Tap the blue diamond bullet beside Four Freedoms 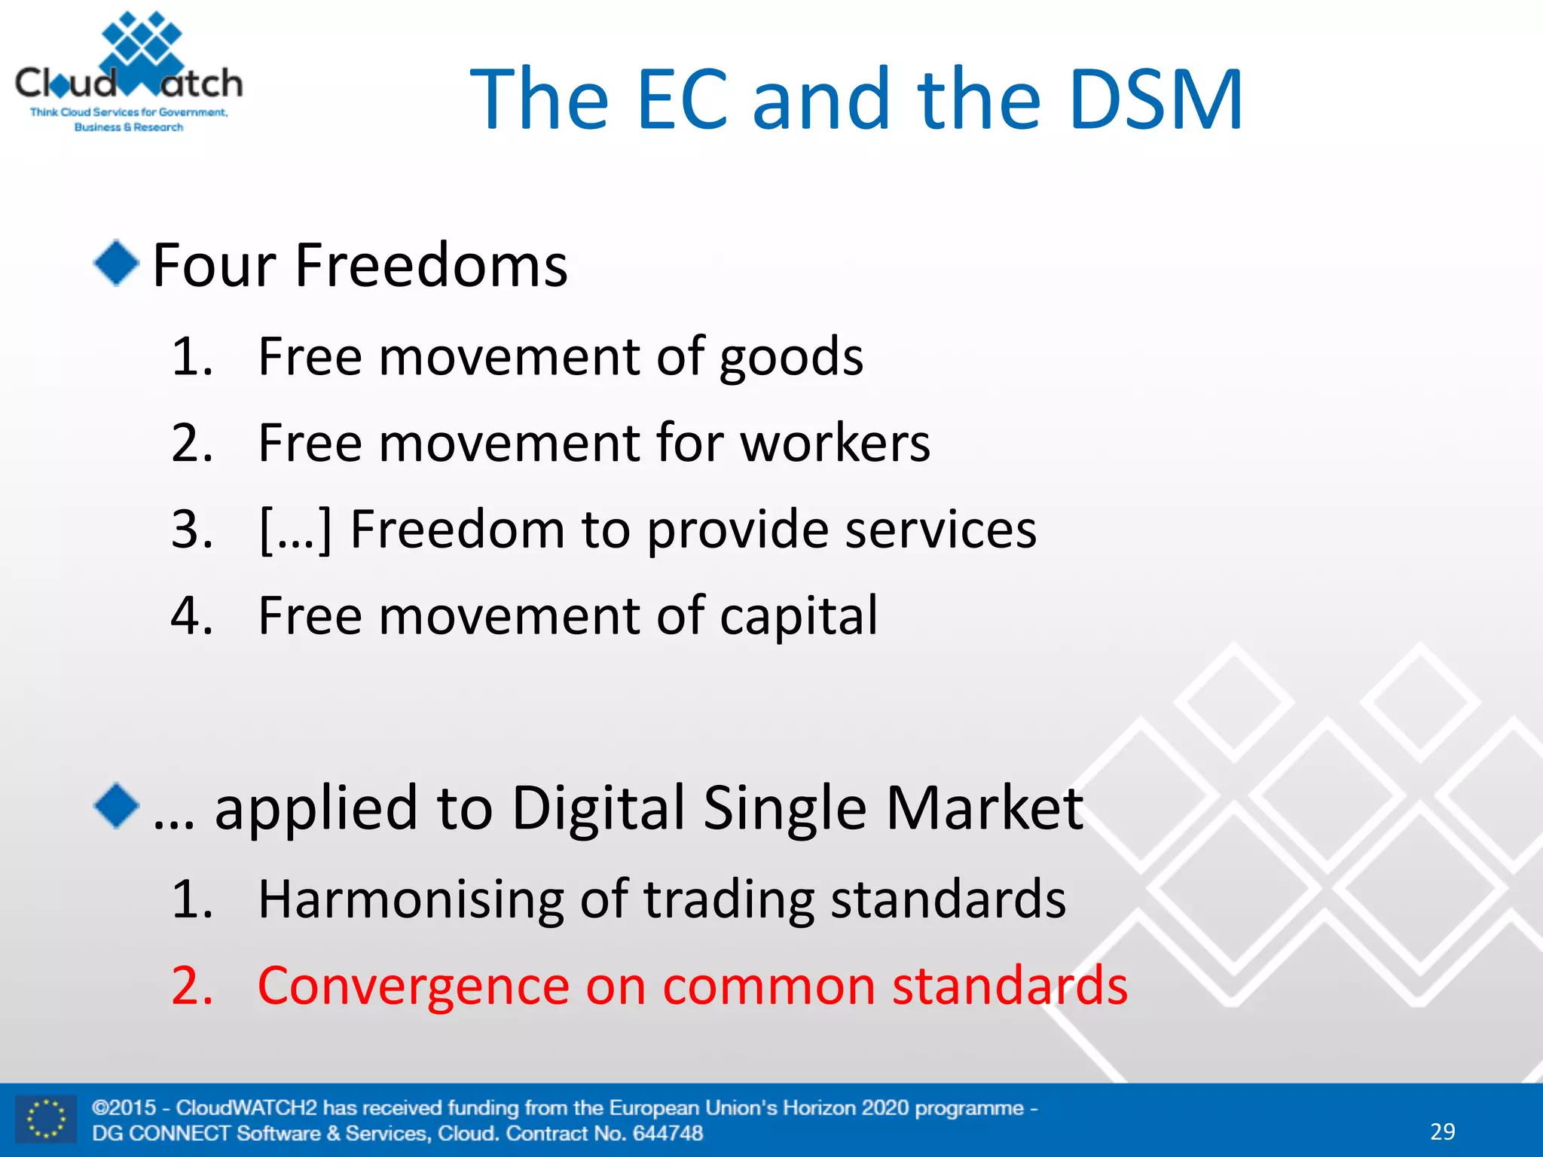(x=117, y=263)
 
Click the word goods (x=790, y=358)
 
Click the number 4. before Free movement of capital (x=192, y=616)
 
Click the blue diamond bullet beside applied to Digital (x=117, y=805)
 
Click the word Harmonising (x=410, y=899)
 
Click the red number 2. (x=192, y=986)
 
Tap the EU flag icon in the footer (x=46, y=1119)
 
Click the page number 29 (x=1442, y=1131)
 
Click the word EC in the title (x=682, y=99)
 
